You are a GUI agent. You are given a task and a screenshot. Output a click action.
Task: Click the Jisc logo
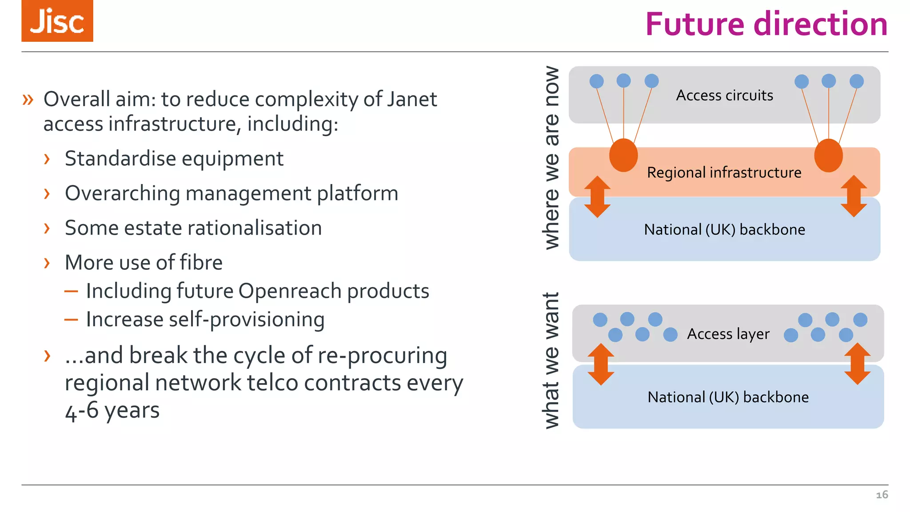point(57,21)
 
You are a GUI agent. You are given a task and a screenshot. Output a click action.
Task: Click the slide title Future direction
point(766,24)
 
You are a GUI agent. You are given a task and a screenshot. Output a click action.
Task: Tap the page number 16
point(882,495)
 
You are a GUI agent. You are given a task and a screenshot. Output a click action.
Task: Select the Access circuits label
point(724,96)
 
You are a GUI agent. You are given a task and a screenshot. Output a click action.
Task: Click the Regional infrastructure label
point(724,172)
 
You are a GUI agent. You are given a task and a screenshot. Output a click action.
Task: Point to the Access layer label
point(728,334)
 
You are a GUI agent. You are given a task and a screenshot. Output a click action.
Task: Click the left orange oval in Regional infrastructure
point(623,155)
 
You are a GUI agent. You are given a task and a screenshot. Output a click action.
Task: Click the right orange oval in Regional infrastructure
point(828,155)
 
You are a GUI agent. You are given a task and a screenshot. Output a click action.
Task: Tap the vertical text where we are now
point(551,158)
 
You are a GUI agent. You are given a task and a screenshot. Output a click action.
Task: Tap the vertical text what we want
point(551,360)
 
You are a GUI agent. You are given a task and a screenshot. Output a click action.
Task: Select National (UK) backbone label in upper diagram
point(724,230)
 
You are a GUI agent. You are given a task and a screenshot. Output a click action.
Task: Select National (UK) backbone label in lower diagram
point(728,397)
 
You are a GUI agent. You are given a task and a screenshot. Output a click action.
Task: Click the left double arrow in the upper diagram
point(597,196)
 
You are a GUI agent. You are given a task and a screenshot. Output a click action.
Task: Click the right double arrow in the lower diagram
point(857,364)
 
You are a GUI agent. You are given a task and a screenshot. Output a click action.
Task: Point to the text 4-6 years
point(112,410)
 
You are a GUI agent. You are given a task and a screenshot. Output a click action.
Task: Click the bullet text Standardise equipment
point(174,159)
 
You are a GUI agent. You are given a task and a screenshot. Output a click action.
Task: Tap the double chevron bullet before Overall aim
point(28,100)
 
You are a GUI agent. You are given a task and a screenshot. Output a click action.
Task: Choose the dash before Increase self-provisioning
point(71,320)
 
